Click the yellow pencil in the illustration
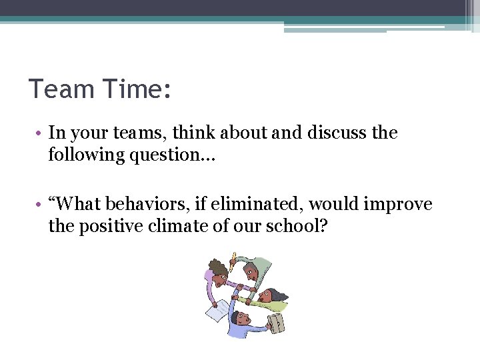[234, 258]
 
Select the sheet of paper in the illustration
[217, 311]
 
